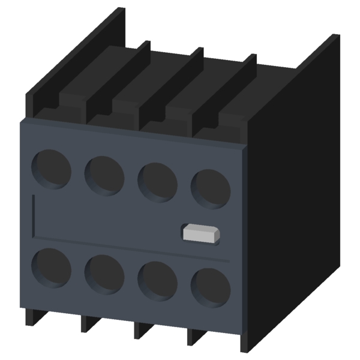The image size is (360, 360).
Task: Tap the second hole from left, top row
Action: [104, 174]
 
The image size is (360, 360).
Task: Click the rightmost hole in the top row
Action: [210, 188]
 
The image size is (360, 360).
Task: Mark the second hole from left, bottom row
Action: [104, 273]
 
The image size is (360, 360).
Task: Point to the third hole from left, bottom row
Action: [157, 280]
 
